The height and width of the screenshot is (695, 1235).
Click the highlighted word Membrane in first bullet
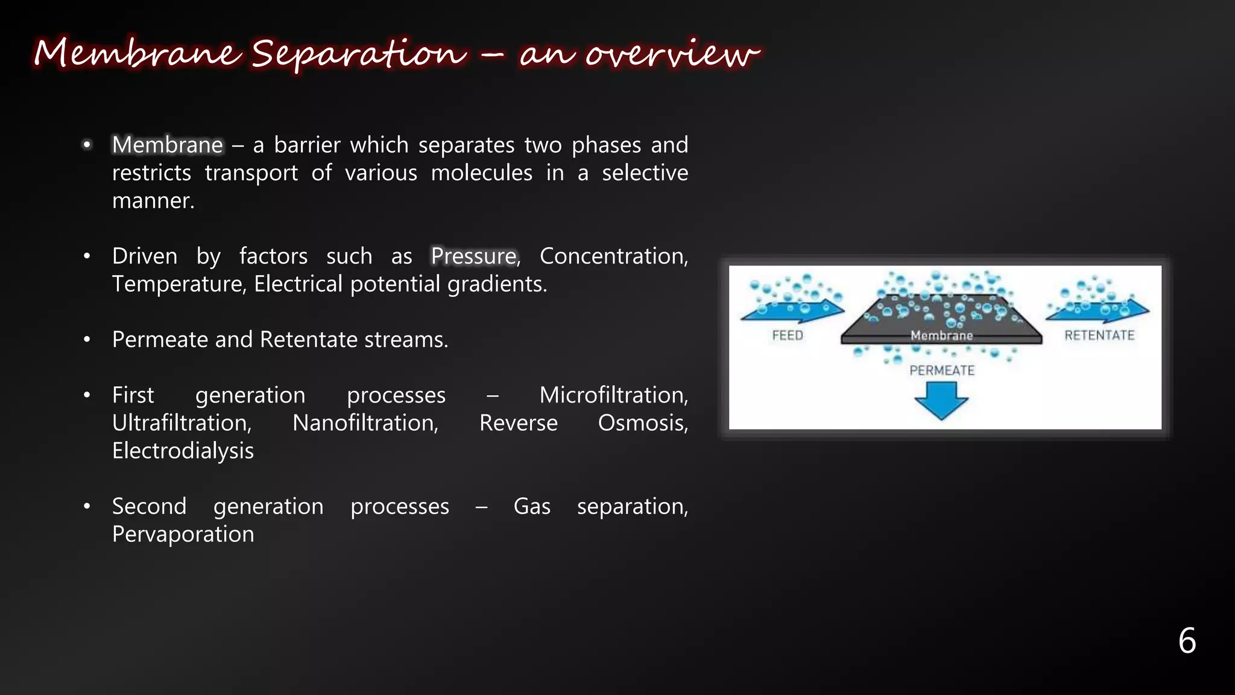(168, 145)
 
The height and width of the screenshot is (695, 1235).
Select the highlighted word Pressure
(474, 256)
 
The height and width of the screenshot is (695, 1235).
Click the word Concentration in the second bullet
(613, 256)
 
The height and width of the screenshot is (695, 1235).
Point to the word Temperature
(178, 284)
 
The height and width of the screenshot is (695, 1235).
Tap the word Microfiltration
(613, 395)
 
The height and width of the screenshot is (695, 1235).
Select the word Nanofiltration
(365, 423)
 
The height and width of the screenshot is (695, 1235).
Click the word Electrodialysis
(183, 451)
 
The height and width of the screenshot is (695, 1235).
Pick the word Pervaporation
(183, 535)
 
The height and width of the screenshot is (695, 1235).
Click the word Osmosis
(642, 423)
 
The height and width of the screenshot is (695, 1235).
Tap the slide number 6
(1187, 640)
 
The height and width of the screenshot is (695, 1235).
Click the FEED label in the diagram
(788, 335)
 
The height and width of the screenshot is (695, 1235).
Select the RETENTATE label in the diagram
(1099, 335)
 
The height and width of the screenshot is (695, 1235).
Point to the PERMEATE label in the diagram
(941, 370)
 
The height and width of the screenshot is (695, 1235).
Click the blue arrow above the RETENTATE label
(1099, 311)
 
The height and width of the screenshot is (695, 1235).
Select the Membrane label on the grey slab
(941, 335)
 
